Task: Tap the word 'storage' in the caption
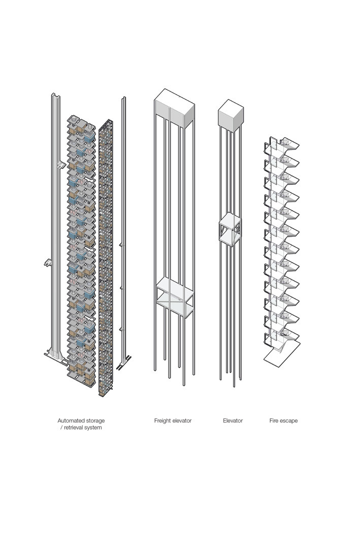(95, 421)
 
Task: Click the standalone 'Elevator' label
(233, 421)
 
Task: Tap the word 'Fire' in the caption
(274, 421)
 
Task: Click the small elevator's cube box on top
(229, 113)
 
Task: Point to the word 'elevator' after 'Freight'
(182, 421)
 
